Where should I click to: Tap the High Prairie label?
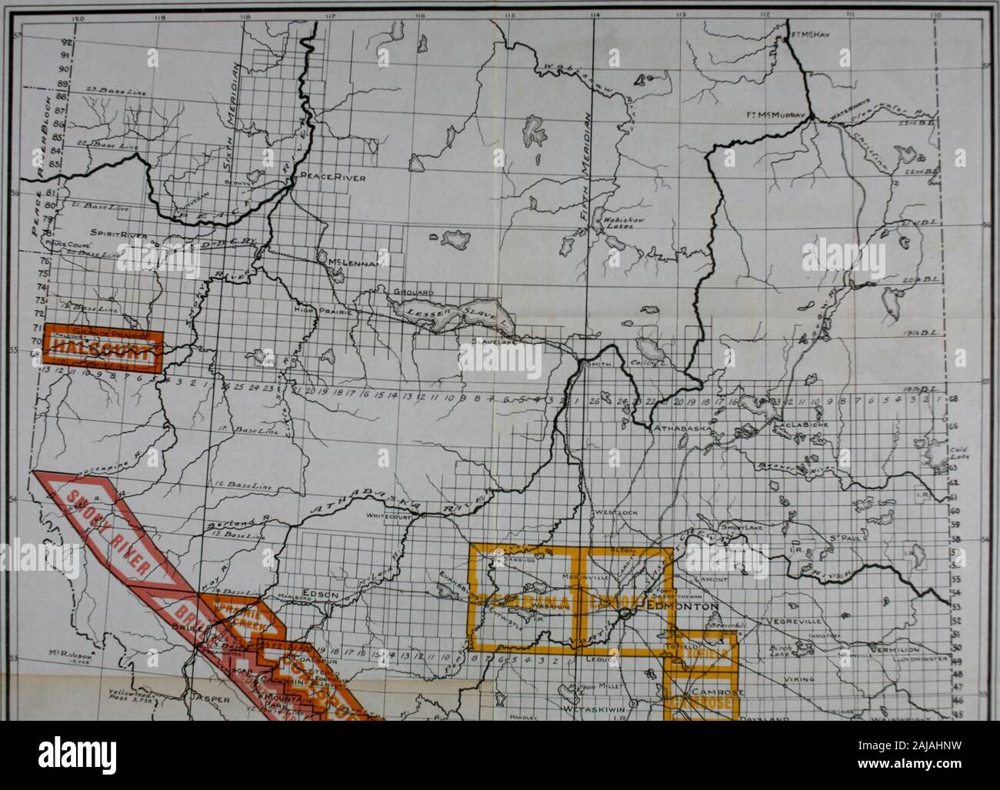pos(318,310)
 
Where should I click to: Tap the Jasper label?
pos(210,700)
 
